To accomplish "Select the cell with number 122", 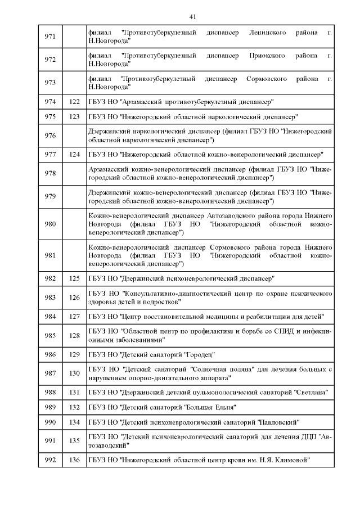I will click(x=74, y=102).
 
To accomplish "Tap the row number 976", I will click(x=50, y=136).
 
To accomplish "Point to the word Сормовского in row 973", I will click(x=266, y=79).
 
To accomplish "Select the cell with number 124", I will click(x=74, y=154).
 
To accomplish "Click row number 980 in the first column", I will click(x=50, y=224).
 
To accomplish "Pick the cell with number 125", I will click(x=74, y=278).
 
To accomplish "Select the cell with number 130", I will click(x=74, y=373).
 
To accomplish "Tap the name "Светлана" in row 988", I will click(x=311, y=392).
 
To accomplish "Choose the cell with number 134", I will click(x=74, y=422).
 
